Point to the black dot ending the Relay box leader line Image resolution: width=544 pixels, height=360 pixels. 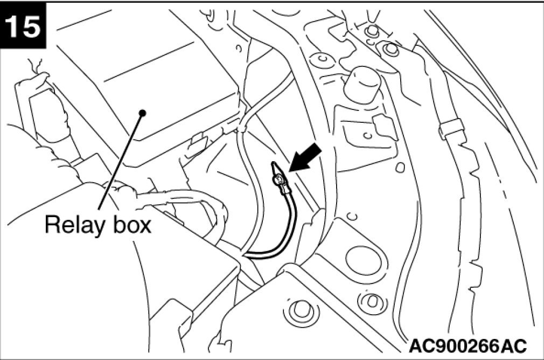pyautogui.click(x=143, y=113)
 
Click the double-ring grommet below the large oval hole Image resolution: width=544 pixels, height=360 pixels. pyautogui.click(x=372, y=300)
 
